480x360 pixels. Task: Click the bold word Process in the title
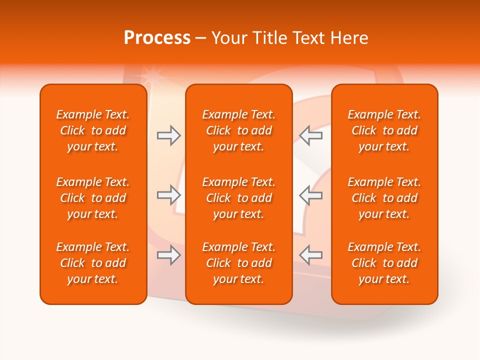[x=157, y=38]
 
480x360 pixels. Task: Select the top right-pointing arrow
[x=168, y=135]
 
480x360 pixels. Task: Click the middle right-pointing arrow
[x=168, y=195]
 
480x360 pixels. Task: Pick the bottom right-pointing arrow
[x=168, y=255]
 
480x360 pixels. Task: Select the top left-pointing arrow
[x=310, y=135]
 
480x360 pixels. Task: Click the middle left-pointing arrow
[x=310, y=195]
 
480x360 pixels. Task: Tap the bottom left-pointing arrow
[x=310, y=255]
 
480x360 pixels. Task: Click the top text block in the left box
[x=93, y=130]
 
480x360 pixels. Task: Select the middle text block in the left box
[x=93, y=198]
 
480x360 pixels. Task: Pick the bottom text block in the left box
[x=93, y=263]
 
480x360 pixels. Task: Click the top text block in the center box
[x=238, y=130]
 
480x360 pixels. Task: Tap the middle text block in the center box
[x=238, y=198]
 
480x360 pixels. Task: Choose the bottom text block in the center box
[x=238, y=263]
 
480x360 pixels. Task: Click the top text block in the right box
[x=384, y=130]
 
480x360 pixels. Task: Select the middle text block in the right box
[x=384, y=198]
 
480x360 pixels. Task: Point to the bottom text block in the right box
[x=384, y=263]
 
